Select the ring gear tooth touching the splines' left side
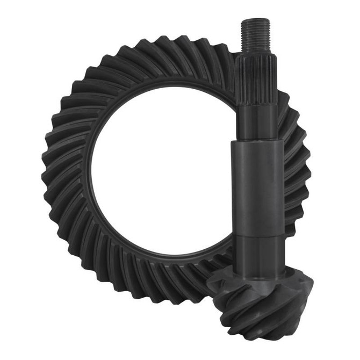click(x=228, y=70)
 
